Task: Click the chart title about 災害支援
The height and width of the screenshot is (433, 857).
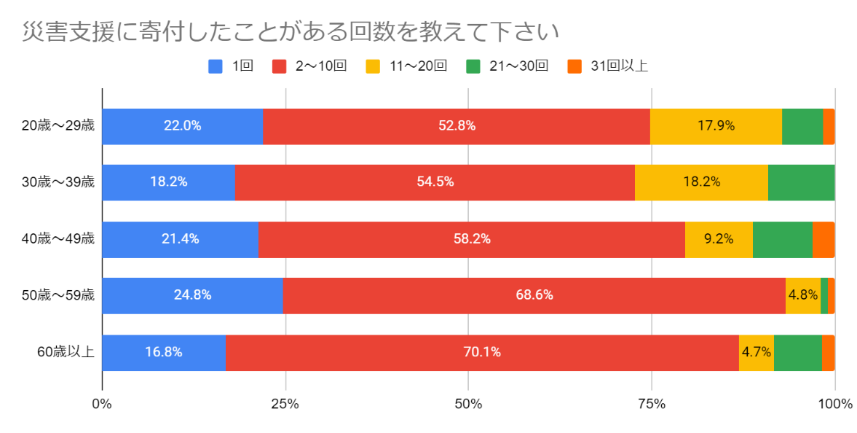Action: click(291, 32)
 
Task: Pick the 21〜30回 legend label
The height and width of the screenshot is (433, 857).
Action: click(518, 66)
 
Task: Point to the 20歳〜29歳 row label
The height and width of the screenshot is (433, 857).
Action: click(58, 125)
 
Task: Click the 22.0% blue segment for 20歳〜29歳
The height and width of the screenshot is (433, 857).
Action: click(182, 125)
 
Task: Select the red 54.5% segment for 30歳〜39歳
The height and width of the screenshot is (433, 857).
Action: click(435, 182)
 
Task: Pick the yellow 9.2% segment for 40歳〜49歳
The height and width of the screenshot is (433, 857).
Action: click(719, 239)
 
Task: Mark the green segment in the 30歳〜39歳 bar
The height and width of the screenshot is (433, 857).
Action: click(801, 182)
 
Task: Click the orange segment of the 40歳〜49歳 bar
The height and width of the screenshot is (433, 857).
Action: click(824, 239)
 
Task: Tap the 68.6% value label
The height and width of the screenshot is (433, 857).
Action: click(534, 295)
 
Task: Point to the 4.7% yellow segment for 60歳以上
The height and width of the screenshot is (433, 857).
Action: click(756, 353)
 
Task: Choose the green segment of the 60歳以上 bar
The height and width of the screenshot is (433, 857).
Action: click(797, 353)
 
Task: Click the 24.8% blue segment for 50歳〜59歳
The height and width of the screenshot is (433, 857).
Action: click(192, 295)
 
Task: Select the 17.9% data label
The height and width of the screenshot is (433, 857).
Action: click(716, 125)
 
